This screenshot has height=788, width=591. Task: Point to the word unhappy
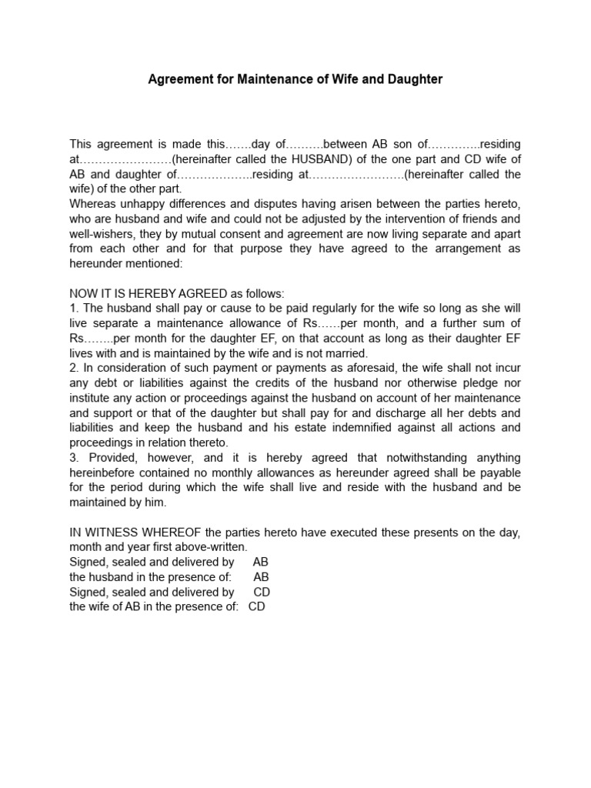pyautogui.click(x=145, y=204)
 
